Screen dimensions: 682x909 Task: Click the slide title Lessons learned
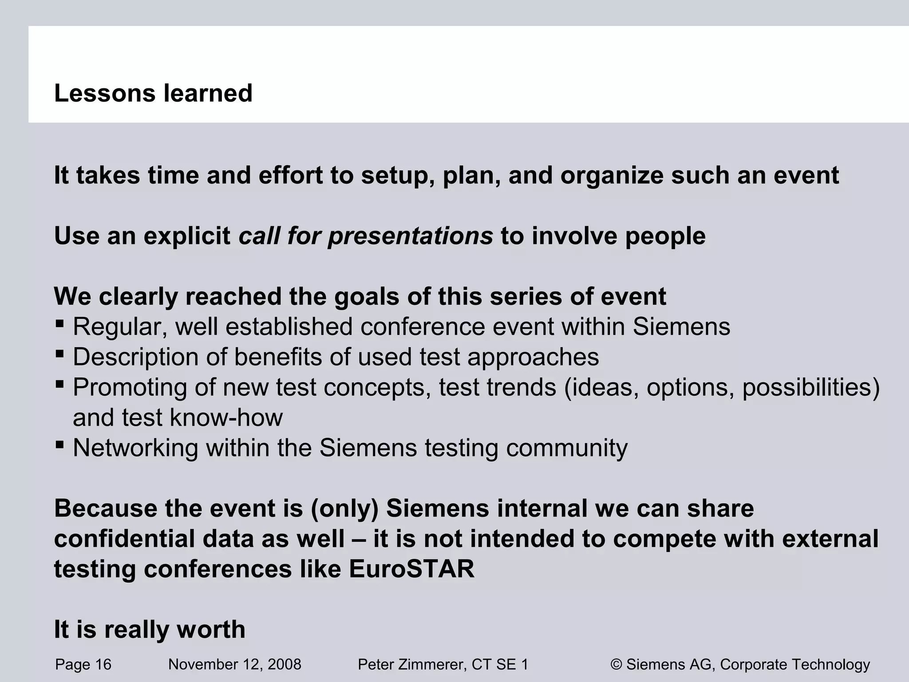coord(153,93)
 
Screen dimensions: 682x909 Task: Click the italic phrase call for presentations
coord(366,236)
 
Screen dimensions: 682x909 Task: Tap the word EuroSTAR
coord(411,569)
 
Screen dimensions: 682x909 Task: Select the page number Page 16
coord(83,665)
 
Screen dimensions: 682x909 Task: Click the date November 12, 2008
coord(235,665)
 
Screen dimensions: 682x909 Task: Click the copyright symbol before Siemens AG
coord(616,665)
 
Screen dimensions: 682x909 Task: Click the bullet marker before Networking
coord(60,444)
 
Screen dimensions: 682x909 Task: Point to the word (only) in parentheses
coord(344,508)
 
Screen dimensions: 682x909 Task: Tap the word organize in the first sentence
coord(611,175)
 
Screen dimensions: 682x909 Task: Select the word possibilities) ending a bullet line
coord(810,387)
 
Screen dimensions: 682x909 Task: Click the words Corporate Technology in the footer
coord(794,665)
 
